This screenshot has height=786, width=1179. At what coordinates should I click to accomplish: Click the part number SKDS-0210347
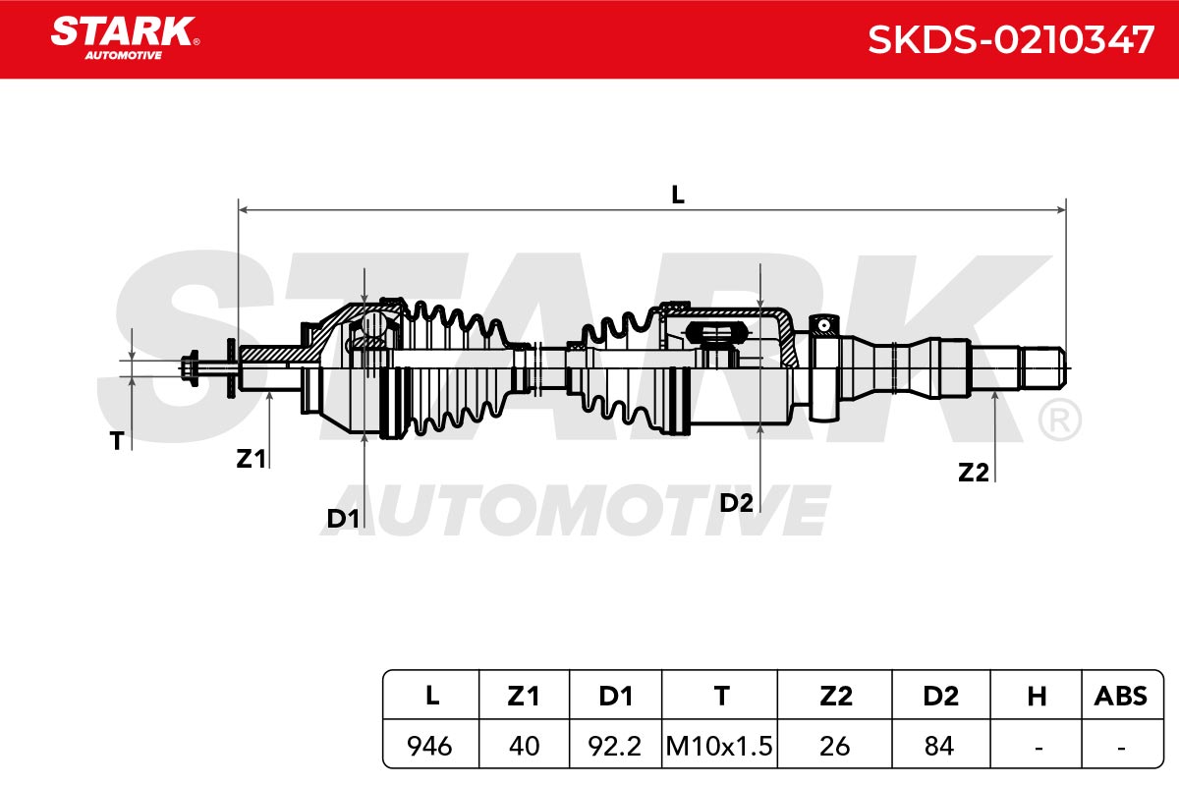point(1011,40)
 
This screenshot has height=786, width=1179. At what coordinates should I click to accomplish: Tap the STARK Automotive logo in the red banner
point(125,38)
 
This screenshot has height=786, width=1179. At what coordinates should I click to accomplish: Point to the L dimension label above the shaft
point(678,196)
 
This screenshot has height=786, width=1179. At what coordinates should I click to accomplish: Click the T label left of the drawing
point(117,440)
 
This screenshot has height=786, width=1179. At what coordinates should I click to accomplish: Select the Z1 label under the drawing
point(252,459)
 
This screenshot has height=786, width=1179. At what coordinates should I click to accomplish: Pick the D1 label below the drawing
point(343,519)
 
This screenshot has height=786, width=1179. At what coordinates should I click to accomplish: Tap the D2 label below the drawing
point(736,503)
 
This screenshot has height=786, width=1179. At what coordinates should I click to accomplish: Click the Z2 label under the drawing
point(974,473)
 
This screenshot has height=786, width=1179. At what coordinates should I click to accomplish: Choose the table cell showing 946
point(429,746)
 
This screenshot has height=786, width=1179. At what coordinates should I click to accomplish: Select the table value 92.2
point(615,746)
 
